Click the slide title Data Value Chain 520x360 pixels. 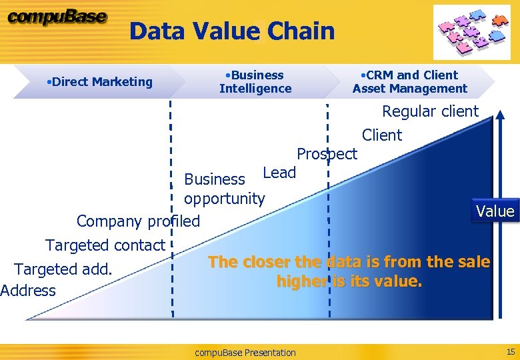click(x=231, y=31)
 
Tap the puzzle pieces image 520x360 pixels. click(x=471, y=32)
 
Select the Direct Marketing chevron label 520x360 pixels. click(x=100, y=82)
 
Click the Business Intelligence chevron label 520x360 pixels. click(x=255, y=82)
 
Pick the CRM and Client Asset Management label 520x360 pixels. click(x=410, y=82)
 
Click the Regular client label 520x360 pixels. click(x=430, y=111)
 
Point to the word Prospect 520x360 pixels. click(x=327, y=154)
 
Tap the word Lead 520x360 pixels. click(x=279, y=173)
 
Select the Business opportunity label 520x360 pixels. click(x=224, y=189)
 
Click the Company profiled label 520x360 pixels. click(x=138, y=221)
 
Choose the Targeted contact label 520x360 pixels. click(x=105, y=245)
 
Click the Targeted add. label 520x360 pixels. click(x=63, y=269)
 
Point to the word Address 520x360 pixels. click(x=28, y=291)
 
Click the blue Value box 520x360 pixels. click(x=495, y=212)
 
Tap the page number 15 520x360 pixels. click(x=511, y=351)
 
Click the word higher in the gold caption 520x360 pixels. click(x=302, y=281)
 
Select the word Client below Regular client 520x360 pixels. click(x=382, y=135)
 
